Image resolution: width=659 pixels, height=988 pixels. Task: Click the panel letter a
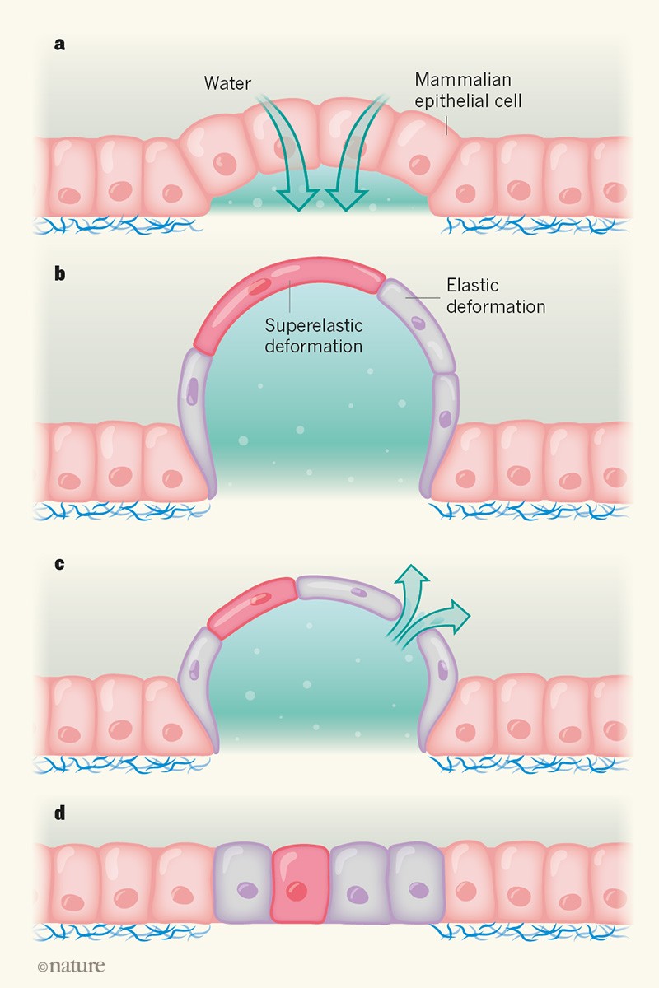(x=58, y=44)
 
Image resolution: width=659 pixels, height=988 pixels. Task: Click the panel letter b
(x=59, y=274)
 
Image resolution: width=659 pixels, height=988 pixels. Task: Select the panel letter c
(x=58, y=566)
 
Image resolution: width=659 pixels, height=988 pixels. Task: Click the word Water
(x=227, y=84)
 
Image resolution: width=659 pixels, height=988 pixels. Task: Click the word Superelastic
(x=313, y=326)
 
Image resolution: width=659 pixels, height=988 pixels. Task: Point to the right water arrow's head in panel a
(x=344, y=198)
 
